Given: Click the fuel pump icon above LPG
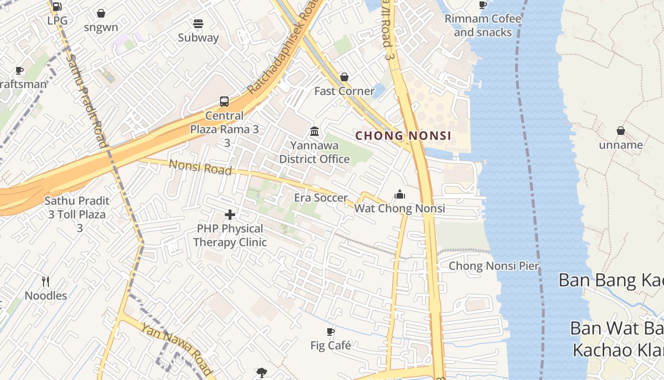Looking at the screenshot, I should (57, 6).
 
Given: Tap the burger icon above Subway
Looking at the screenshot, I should (198, 23).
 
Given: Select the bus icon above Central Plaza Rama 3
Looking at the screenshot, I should (224, 101).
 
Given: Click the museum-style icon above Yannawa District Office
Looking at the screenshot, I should (314, 131).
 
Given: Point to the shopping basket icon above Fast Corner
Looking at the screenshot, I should (344, 77).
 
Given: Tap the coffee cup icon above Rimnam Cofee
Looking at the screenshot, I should (483, 5).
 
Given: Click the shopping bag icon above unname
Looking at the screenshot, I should (620, 131).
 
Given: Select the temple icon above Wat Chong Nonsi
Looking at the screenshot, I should (400, 194).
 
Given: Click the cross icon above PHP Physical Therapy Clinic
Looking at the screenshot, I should (230, 215).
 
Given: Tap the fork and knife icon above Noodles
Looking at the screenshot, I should (46, 282).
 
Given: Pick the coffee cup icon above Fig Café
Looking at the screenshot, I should (331, 332).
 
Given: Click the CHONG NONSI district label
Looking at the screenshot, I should (403, 136).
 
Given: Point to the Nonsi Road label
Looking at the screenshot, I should (200, 167).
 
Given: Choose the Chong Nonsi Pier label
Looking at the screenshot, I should (494, 266).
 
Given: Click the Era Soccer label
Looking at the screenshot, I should (321, 198).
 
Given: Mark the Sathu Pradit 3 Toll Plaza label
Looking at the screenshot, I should (77, 214).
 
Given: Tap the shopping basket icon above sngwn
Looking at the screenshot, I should (101, 13).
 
